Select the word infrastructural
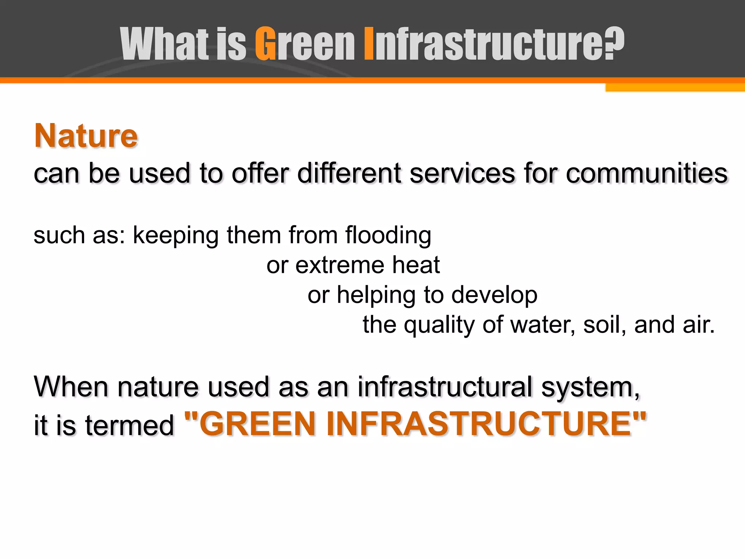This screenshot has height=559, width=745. [445, 386]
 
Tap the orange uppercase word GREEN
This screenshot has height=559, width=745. [255, 424]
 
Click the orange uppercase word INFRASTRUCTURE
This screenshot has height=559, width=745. [484, 424]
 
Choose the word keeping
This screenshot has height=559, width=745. [176, 235]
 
